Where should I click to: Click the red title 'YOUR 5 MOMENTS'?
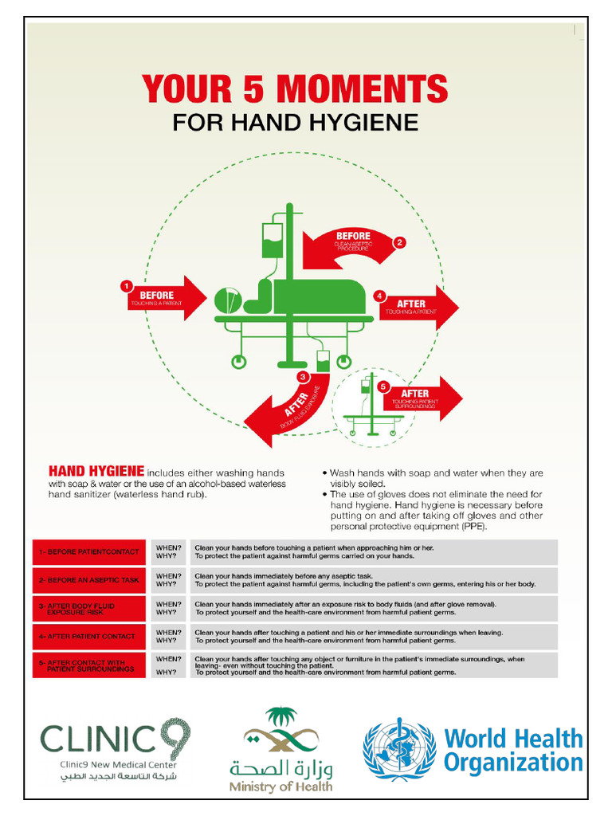(295, 89)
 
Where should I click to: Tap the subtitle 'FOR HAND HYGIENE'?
(295, 123)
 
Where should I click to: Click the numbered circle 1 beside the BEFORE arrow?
(125, 285)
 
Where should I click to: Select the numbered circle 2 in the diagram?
(400, 242)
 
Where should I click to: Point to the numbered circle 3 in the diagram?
(302, 376)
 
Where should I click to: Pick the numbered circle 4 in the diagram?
(380, 296)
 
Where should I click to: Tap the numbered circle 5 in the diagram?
(383, 386)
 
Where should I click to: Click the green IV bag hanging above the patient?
(273, 240)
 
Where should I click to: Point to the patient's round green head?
(226, 300)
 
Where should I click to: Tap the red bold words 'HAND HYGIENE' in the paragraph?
(96, 471)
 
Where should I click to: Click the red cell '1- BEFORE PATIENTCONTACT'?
(89, 551)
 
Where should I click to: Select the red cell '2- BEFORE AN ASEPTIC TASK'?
(89, 580)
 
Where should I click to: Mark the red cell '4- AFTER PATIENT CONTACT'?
(89, 636)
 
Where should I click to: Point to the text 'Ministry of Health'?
(280, 787)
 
